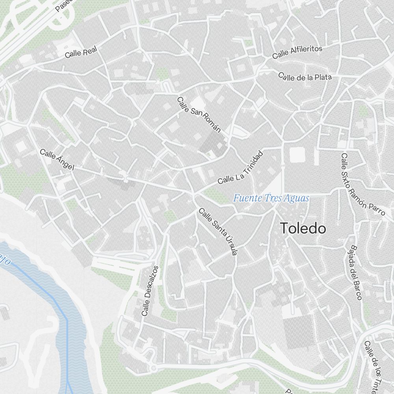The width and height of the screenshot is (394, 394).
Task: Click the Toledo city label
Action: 303,228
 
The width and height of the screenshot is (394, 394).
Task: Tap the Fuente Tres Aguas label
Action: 271,198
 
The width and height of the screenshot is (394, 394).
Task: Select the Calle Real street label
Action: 81,52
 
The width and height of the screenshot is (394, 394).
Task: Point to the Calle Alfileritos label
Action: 297,52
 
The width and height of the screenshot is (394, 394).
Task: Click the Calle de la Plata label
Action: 305,77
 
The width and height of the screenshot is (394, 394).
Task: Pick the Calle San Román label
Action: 199,115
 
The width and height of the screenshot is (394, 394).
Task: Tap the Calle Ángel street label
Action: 57,160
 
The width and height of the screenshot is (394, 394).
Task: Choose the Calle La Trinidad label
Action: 240,168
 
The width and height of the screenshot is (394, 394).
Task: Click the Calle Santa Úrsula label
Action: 218,231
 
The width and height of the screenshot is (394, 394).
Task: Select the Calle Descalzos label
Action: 150,291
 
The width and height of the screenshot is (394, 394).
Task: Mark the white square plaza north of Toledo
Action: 297,154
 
